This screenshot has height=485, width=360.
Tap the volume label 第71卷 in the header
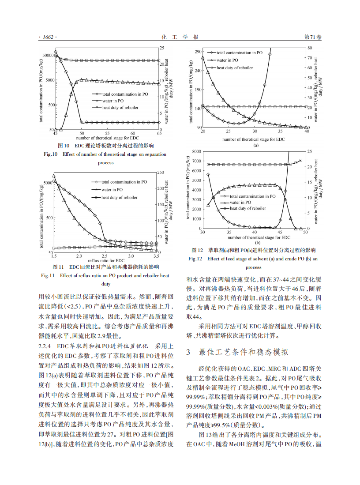pos(313,38)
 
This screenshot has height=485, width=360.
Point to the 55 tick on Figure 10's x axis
pos(108,133)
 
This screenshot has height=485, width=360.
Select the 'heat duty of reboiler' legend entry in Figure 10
pos(120,107)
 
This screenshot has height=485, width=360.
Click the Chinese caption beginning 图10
pos(105,145)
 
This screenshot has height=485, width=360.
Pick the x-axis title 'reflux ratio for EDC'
pos(106,260)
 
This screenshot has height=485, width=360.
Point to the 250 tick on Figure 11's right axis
pos(161,173)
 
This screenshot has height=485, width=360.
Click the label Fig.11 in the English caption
pos(48,276)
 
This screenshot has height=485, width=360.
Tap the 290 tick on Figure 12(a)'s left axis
pos(196,52)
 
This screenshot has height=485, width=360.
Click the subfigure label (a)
pos(255,145)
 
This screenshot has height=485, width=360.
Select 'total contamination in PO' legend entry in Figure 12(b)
pos(252,196)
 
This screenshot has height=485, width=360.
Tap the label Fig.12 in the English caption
pos(195,259)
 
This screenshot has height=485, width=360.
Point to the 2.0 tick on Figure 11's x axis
pos(79,256)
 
